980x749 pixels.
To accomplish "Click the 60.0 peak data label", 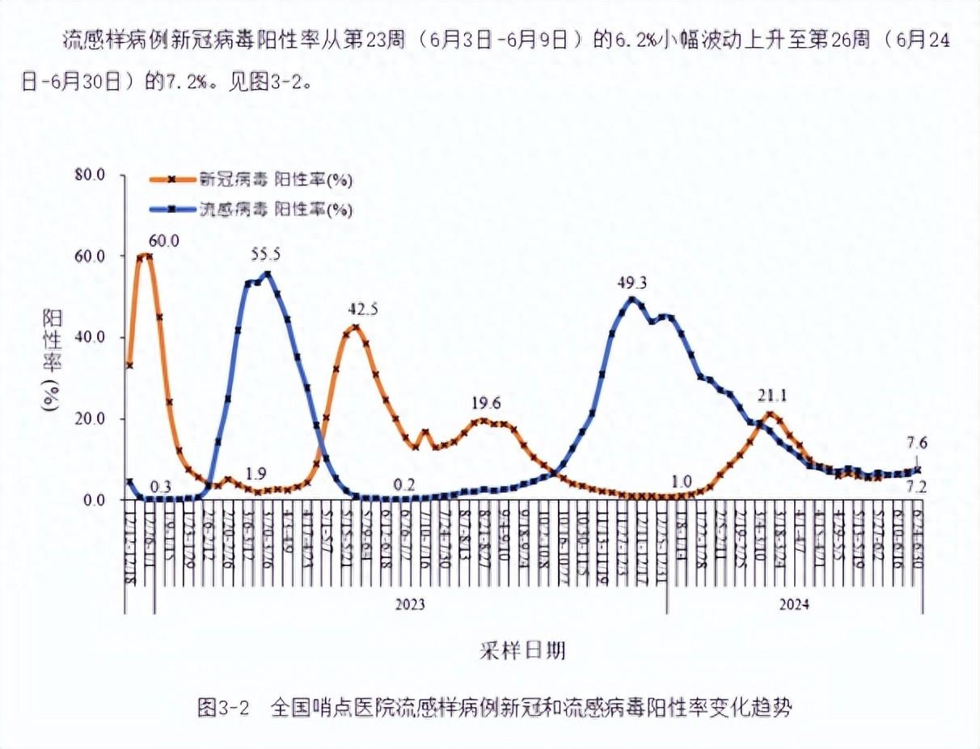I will pyautogui.click(x=163, y=240).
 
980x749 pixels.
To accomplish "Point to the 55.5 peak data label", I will pyautogui.click(x=266, y=254).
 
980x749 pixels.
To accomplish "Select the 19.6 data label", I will pyautogui.click(x=486, y=404).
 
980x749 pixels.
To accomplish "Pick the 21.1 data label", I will pyautogui.click(x=772, y=396).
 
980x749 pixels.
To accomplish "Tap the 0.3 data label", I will pyautogui.click(x=161, y=485).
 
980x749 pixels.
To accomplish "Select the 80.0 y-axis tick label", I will pyautogui.click(x=89, y=175).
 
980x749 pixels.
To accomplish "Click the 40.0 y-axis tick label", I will pyautogui.click(x=89, y=337).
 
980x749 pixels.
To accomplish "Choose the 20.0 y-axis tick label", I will pyautogui.click(x=89, y=419).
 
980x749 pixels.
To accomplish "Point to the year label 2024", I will pyautogui.click(x=795, y=604).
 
